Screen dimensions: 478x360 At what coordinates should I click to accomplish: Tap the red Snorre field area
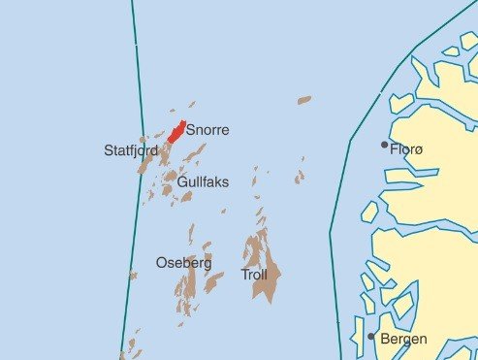[175, 132]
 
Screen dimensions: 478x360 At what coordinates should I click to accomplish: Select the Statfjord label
[130, 150]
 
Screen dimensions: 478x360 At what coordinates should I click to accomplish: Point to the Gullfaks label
[204, 180]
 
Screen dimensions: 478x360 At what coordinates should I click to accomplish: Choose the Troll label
[254, 276]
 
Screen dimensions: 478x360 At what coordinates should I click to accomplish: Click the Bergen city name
[403, 340]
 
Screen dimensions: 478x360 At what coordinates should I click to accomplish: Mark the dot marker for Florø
[384, 146]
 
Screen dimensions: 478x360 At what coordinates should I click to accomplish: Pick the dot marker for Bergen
[371, 337]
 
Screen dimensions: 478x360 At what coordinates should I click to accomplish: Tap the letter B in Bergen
[385, 340]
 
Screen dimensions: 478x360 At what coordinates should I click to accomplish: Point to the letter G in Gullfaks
[183, 180]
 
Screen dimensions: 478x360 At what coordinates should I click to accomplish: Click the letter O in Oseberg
[161, 263]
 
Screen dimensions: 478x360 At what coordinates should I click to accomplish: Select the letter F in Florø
[393, 149]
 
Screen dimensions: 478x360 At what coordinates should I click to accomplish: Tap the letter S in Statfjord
[109, 150]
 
